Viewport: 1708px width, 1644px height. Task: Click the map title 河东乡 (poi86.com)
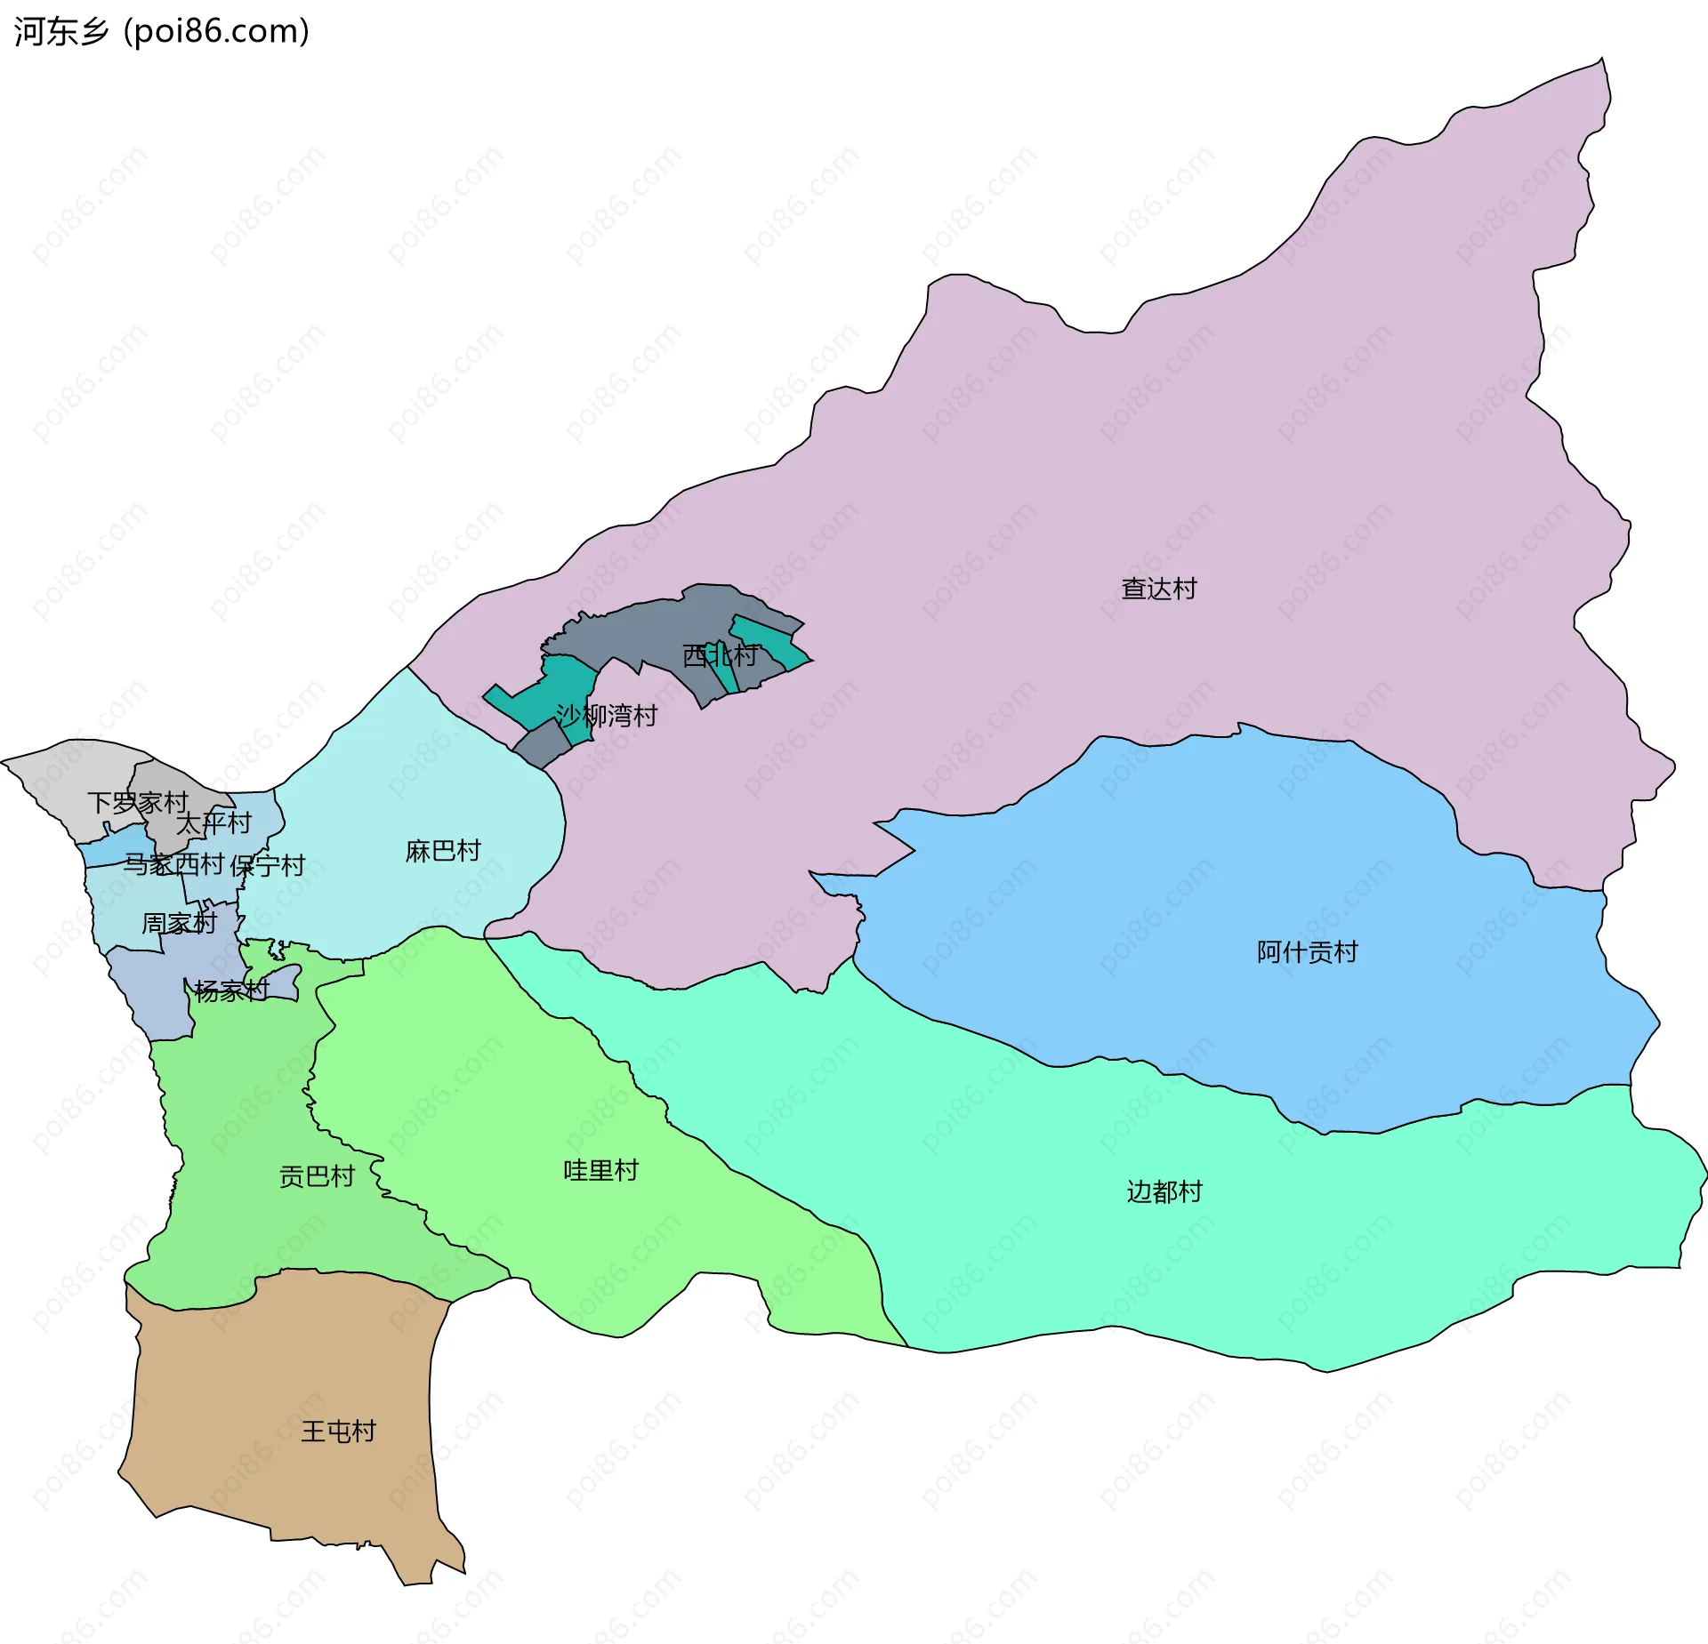click(x=161, y=31)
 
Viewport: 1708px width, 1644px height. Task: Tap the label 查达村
click(x=1158, y=589)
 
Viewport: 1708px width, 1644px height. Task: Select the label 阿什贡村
click(x=1307, y=952)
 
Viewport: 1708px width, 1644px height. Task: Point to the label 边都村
click(x=1164, y=1191)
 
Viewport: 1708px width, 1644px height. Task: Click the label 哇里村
click(x=601, y=1170)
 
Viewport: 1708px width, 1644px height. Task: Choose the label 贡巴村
click(x=317, y=1176)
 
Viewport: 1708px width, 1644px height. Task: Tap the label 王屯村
click(x=338, y=1431)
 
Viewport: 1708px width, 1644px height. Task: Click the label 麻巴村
click(x=442, y=851)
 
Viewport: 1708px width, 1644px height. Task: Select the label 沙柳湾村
click(x=606, y=715)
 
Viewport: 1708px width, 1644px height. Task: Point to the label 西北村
click(x=720, y=655)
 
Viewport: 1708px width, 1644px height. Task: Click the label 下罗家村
click(x=138, y=803)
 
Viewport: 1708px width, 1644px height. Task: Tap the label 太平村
click(x=213, y=823)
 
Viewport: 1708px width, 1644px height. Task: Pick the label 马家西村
click(x=173, y=863)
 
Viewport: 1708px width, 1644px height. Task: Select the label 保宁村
click(x=267, y=865)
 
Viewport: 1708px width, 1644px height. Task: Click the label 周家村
click(x=179, y=923)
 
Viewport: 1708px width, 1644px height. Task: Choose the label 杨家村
click(x=231, y=990)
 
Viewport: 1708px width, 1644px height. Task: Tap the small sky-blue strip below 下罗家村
click(x=116, y=845)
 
